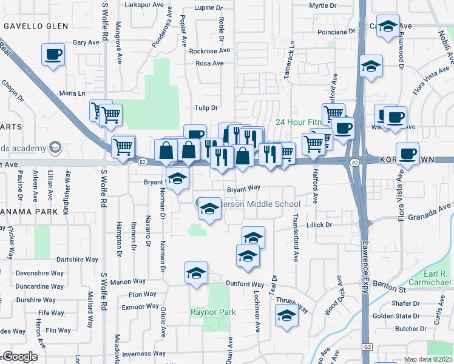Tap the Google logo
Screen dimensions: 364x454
tap(20, 357)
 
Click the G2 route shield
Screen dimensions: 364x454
tap(368, 346)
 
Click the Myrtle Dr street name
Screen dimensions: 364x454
tap(323, 5)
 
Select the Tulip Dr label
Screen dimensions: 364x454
tap(206, 108)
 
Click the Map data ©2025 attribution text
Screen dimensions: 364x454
tap(429, 359)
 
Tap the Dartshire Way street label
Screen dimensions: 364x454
tap(77, 260)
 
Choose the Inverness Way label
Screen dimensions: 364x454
tap(144, 354)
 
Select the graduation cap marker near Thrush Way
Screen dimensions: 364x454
tap(286, 315)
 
